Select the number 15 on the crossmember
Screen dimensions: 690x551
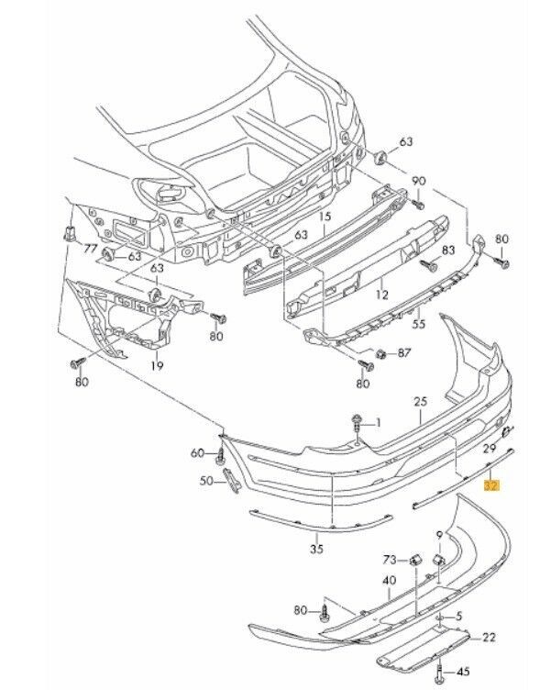(323, 217)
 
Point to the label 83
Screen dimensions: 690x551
(448, 250)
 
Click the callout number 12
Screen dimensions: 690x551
(381, 295)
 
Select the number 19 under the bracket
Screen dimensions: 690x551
(158, 366)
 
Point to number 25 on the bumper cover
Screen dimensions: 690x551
(421, 402)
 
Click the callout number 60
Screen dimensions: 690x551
(197, 453)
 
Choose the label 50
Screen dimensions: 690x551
(206, 481)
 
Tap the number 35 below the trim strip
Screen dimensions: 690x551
(317, 551)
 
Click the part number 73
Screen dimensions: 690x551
(390, 559)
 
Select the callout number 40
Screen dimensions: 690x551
(389, 580)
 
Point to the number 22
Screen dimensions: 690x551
(489, 637)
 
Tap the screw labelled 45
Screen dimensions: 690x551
(442, 671)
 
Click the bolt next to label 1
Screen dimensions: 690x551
(355, 423)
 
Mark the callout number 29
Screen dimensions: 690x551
(489, 446)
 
